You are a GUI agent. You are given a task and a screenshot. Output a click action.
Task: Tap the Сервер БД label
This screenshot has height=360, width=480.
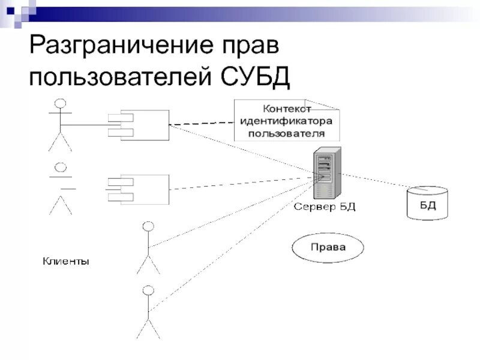324,207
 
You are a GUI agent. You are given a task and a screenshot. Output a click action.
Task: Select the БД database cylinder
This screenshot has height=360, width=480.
427,203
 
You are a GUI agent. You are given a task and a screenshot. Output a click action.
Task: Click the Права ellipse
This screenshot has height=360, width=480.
328,247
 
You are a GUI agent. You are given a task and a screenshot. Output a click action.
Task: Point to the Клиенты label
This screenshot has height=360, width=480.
66,262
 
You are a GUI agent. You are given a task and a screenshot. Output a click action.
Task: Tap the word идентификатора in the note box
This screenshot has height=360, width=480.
287,120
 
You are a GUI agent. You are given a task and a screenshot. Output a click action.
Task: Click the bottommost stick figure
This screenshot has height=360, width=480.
148,312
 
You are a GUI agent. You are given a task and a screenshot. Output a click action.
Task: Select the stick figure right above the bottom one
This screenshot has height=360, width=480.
148,247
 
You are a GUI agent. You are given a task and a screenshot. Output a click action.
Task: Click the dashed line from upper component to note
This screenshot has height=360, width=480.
201,124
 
